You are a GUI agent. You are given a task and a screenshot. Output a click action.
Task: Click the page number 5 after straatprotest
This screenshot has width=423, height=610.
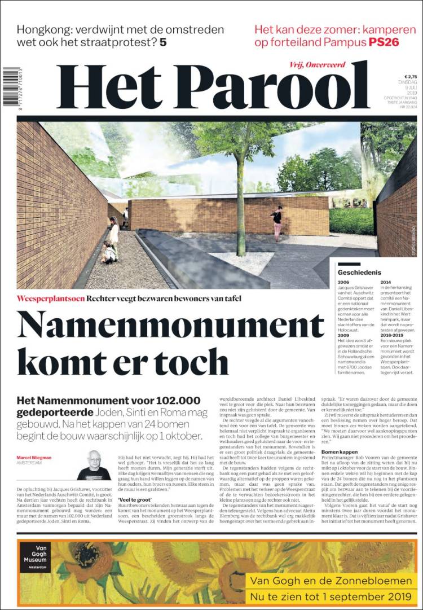click(x=162, y=42)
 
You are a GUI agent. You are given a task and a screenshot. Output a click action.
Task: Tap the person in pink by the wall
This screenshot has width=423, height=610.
click(x=276, y=223)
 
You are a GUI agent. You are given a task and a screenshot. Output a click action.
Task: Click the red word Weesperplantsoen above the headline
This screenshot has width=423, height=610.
click(x=50, y=297)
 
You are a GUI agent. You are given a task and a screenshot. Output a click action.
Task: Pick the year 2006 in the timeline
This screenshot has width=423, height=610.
click(x=343, y=282)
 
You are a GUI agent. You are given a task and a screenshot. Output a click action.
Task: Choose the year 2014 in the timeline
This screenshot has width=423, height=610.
click(x=386, y=282)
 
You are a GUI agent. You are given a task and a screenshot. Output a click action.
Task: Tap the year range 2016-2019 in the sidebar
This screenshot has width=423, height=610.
click(x=392, y=334)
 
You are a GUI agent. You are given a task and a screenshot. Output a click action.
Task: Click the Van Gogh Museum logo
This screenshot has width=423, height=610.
click(x=35, y=557)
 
